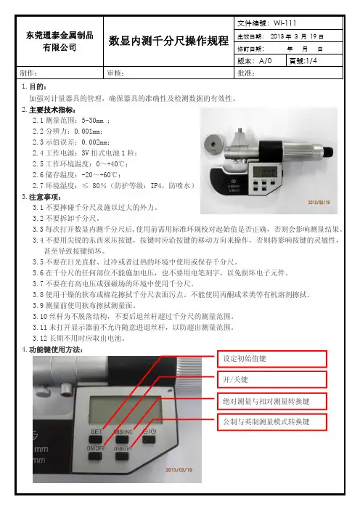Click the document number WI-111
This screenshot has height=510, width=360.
click(x=285, y=23)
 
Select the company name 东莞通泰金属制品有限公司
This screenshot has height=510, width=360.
click(x=60, y=41)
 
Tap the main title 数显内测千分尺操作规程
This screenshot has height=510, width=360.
click(x=168, y=41)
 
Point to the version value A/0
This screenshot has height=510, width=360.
click(x=266, y=61)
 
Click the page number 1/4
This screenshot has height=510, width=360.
click(x=311, y=61)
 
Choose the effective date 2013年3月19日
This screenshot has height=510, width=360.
click(x=297, y=36)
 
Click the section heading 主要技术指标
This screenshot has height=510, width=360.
click(x=52, y=110)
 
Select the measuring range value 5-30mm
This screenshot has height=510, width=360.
click(x=93, y=121)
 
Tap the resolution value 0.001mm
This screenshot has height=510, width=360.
click(x=88, y=131)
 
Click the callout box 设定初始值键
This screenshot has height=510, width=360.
click(x=271, y=359)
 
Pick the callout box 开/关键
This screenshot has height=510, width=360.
click(x=271, y=379)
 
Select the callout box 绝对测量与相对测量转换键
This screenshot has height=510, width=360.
click(x=271, y=401)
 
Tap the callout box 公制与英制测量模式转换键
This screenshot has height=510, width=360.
click(x=271, y=422)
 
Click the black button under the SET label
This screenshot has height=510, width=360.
click(x=96, y=440)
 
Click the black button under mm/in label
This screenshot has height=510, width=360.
click(x=122, y=456)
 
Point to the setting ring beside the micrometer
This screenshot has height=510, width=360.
click(x=213, y=144)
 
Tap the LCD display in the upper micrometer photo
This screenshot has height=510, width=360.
click(x=264, y=171)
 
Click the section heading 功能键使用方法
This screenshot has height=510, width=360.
click(x=55, y=350)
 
